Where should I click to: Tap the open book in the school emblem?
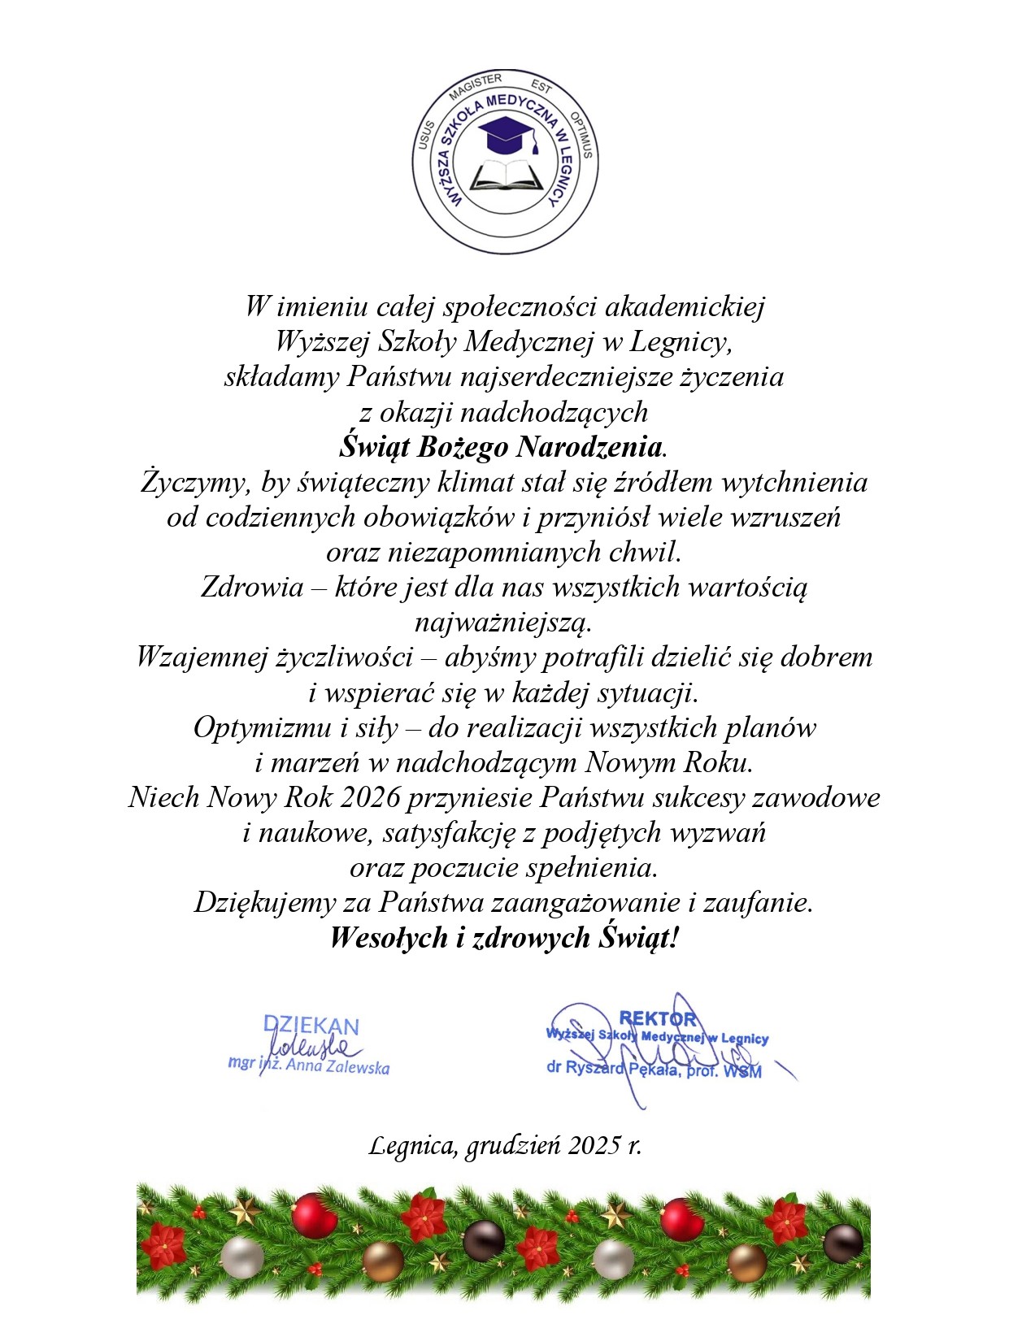pyautogui.click(x=505, y=176)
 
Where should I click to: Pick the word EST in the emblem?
pyautogui.click(x=541, y=87)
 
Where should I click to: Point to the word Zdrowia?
pyautogui.click(x=252, y=587)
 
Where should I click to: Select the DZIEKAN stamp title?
pyautogui.click(x=311, y=1026)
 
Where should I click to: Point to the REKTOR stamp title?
pyautogui.click(x=658, y=1018)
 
